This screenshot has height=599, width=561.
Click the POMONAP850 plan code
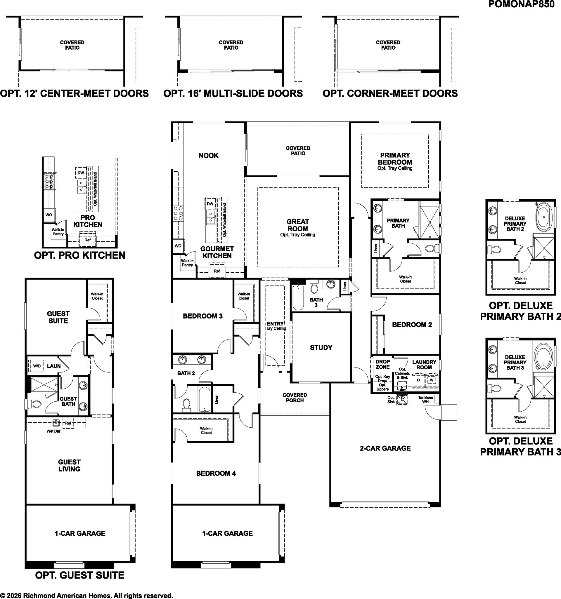(521, 4)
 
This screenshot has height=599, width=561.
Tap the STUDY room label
(321, 347)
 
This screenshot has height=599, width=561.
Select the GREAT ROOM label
(298, 225)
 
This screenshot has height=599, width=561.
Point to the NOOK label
(208, 156)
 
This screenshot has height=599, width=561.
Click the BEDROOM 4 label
(216, 473)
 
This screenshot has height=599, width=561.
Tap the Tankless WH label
(425, 400)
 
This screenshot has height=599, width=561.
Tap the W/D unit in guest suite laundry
(37, 366)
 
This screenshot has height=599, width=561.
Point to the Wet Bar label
(53, 431)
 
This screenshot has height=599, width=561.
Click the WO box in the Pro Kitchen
(49, 215)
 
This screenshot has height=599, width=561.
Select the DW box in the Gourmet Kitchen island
(210, 204)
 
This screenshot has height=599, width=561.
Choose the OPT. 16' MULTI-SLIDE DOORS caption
(233, 93)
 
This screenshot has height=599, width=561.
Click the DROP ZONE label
(382, 364)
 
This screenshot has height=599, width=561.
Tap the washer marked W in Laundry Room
(431, 380)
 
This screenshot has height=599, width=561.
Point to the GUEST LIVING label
(69, 465)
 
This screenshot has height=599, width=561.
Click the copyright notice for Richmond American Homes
(86, 595)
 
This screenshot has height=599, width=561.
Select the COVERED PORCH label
(295, 397)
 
